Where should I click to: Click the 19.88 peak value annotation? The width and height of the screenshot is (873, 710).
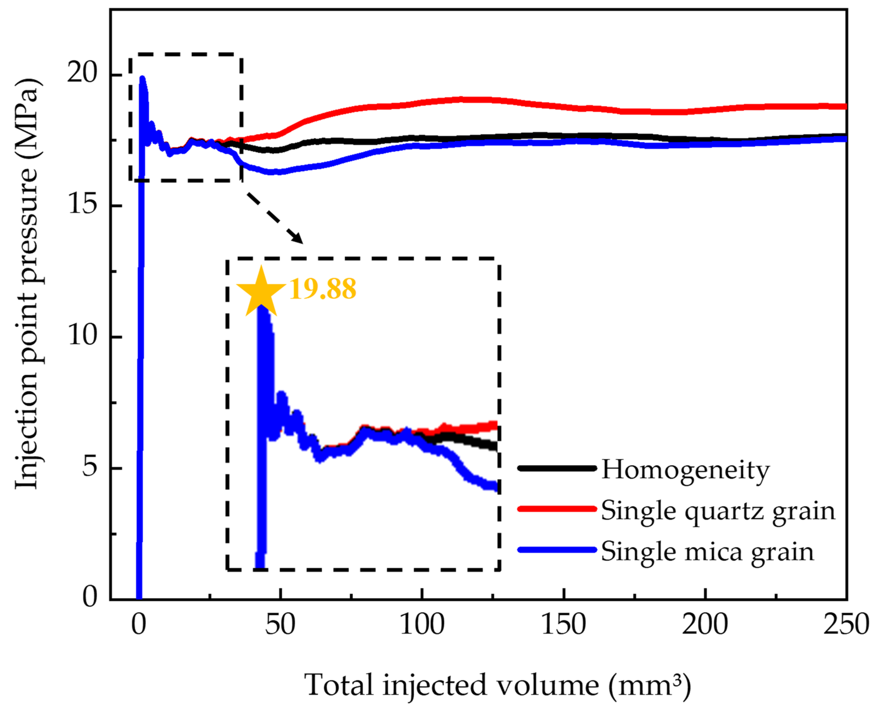(x=323, y=289)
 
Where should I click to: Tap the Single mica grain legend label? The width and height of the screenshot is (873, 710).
(x=707, y=552)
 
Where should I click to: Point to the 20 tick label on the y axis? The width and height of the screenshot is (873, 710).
(x=82, y=73)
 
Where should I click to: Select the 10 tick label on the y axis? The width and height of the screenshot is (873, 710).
(x=82, y=336)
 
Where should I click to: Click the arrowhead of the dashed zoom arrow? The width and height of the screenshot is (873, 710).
(x=297, y=238)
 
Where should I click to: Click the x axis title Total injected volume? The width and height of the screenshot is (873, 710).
(x=497, y=685)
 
